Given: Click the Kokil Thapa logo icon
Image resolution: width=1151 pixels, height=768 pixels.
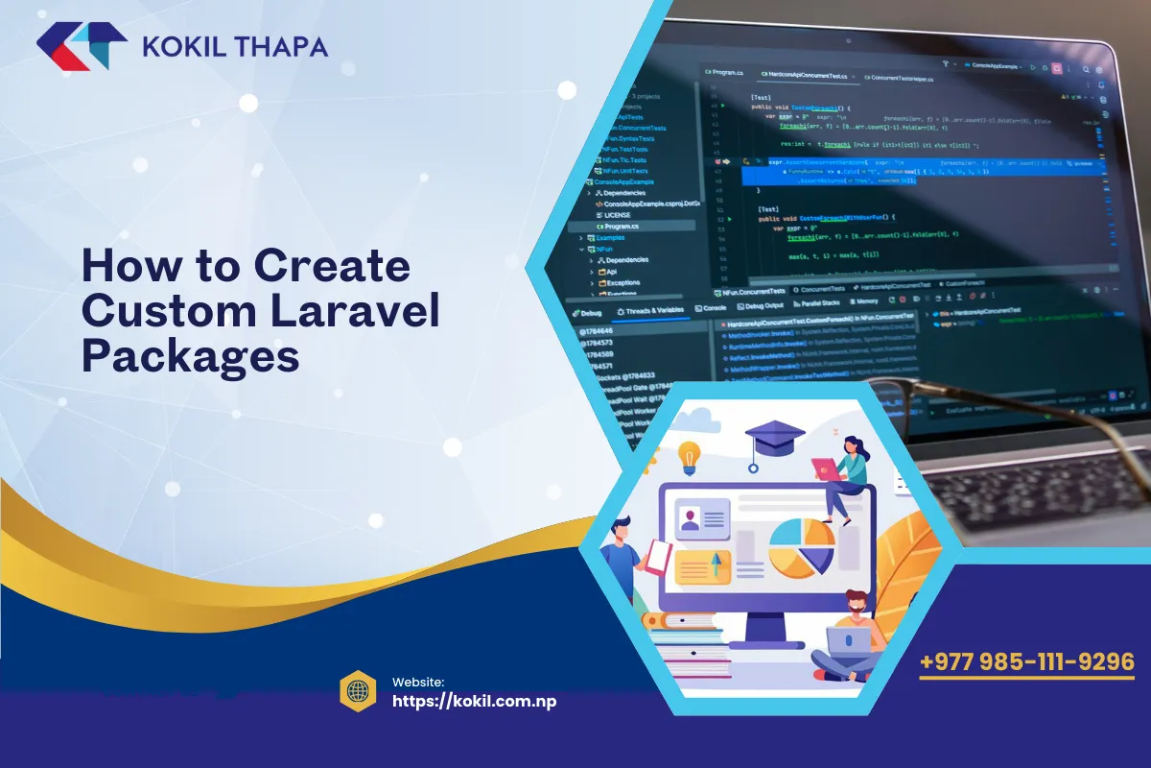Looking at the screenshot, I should coord(82,45).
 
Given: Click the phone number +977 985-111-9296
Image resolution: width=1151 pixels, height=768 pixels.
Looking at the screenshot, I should coord(1026,662).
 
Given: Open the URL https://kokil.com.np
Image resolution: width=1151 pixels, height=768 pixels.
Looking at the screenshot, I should coord(474,701).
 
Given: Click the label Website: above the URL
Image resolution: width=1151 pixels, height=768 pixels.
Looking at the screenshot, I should coord(418,681).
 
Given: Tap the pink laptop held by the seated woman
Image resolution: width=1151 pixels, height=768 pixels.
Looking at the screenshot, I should coord(825,468).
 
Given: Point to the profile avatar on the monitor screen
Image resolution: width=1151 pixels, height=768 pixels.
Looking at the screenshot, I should coord(689,519).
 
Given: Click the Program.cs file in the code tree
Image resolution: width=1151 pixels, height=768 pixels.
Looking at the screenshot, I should coord(623,226).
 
